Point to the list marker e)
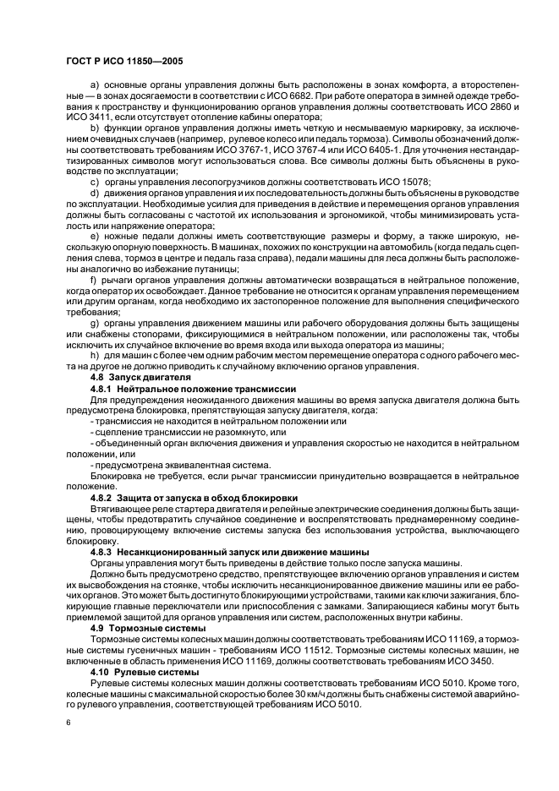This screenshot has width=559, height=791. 94,226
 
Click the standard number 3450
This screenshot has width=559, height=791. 470,663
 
